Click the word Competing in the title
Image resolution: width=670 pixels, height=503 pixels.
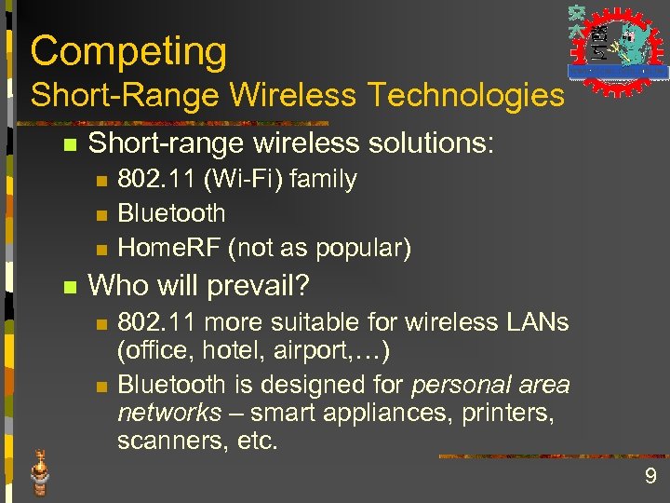[128, 52]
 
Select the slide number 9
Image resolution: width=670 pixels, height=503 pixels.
[650, 478]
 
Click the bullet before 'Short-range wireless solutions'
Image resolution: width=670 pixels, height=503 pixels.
[67, 145]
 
